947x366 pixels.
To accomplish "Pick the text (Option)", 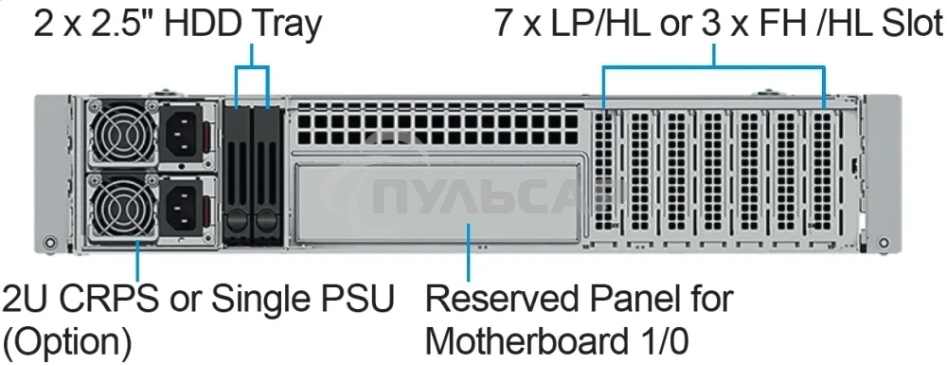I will (67, 339).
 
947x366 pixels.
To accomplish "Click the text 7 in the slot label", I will (504, 23).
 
